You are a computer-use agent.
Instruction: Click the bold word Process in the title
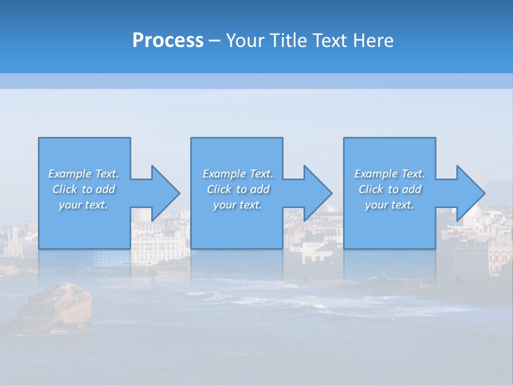[168, 41]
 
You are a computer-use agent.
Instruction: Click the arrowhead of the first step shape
[166, 193]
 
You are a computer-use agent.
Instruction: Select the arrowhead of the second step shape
[318, 193]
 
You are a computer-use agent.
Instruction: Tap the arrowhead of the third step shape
[470, 193]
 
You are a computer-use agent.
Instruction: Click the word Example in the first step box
[70, 174]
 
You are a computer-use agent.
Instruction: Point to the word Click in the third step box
[371, 189]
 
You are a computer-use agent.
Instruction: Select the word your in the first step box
[69, 205]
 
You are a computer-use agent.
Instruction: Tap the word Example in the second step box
[224, 174]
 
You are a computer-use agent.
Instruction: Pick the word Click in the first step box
[65, 189]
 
